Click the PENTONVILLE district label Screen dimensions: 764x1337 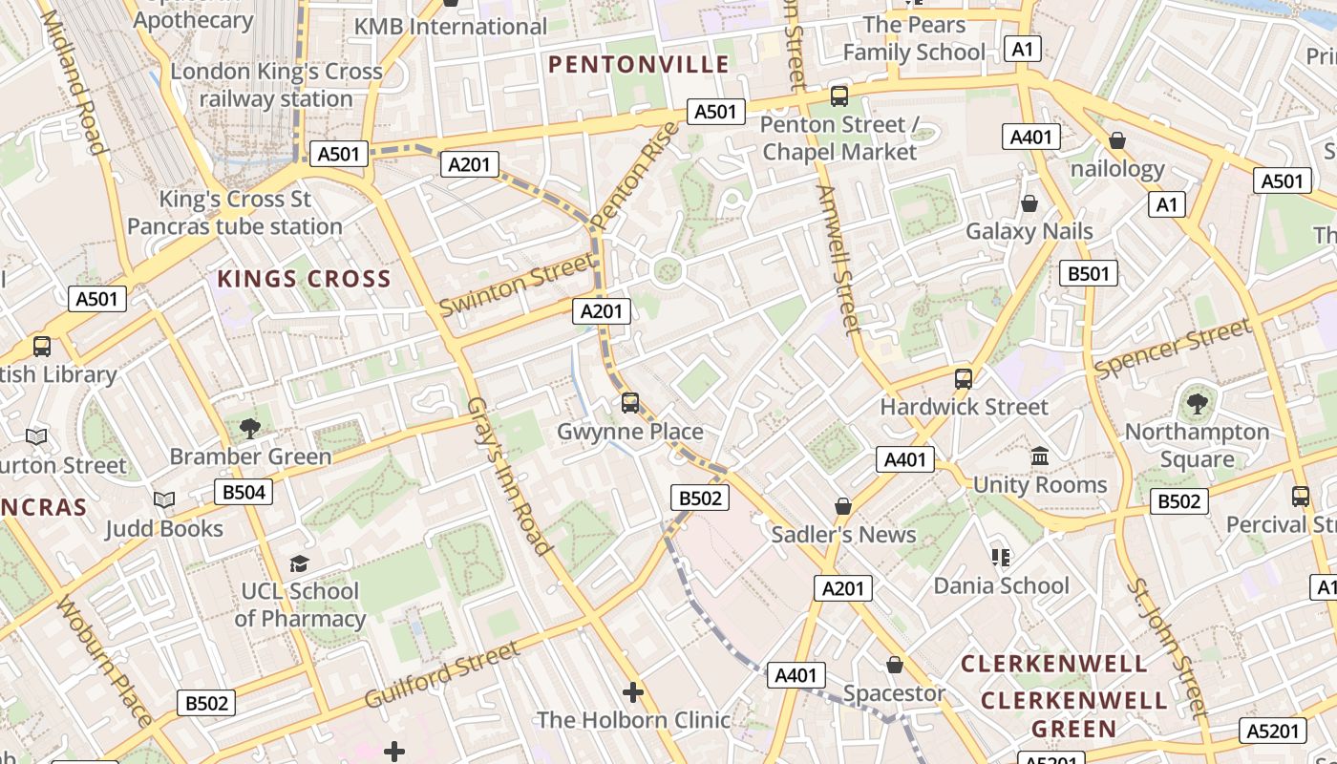pos(639,65)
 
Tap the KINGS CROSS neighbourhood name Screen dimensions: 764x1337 pos(304,279)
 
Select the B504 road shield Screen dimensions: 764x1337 pos(243,493)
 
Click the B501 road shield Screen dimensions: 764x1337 pos(1089,274)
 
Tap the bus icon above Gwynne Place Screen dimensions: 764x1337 pos(630,403)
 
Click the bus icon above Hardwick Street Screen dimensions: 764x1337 pos(964,379)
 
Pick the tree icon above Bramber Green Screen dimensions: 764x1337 pos(250,429)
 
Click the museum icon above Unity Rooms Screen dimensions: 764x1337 pos(1040,456)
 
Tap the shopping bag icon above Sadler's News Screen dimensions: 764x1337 pos(843,506)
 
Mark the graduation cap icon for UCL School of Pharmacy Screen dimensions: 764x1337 pos(300,563)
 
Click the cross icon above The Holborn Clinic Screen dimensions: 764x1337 pos(632,692)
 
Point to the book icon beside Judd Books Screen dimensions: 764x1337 pos(164,500)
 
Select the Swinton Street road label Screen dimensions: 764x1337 pos(516,284)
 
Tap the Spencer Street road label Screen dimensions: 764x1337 pos(1172,349)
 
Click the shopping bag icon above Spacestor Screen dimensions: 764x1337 pos(895,665)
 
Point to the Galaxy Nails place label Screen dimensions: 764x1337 pos(1029,231)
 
